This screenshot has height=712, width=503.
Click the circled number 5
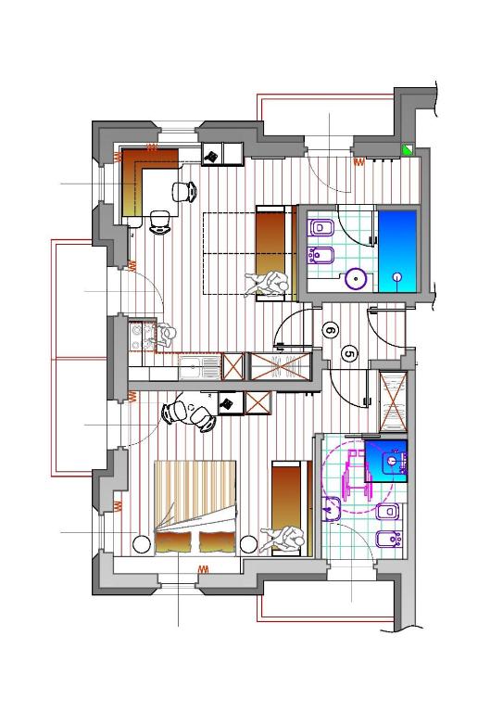[x=349, y=354]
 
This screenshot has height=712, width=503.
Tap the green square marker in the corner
[x=408, y=149]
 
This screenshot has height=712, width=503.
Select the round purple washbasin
[x=355, y=278]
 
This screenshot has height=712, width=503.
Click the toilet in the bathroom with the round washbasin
[x=321, y=228]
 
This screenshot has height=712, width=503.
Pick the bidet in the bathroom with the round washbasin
[x=321, y=255]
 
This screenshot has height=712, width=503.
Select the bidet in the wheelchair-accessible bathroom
[x=389, y=539]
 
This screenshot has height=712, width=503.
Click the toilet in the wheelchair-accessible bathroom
[x=388, y=512]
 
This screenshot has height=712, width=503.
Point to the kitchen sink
[x=198, y=366]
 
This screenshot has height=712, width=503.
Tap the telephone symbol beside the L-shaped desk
[x=211, y=156]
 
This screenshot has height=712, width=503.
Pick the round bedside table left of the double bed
[x=141, y=544]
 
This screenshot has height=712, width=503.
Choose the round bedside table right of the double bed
[x=249, y=544]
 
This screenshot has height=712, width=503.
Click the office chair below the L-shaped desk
[x=159, y=222]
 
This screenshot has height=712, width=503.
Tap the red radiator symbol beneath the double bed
[x=204, y=569]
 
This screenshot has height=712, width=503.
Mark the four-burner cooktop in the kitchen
[x=137, y=337]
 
